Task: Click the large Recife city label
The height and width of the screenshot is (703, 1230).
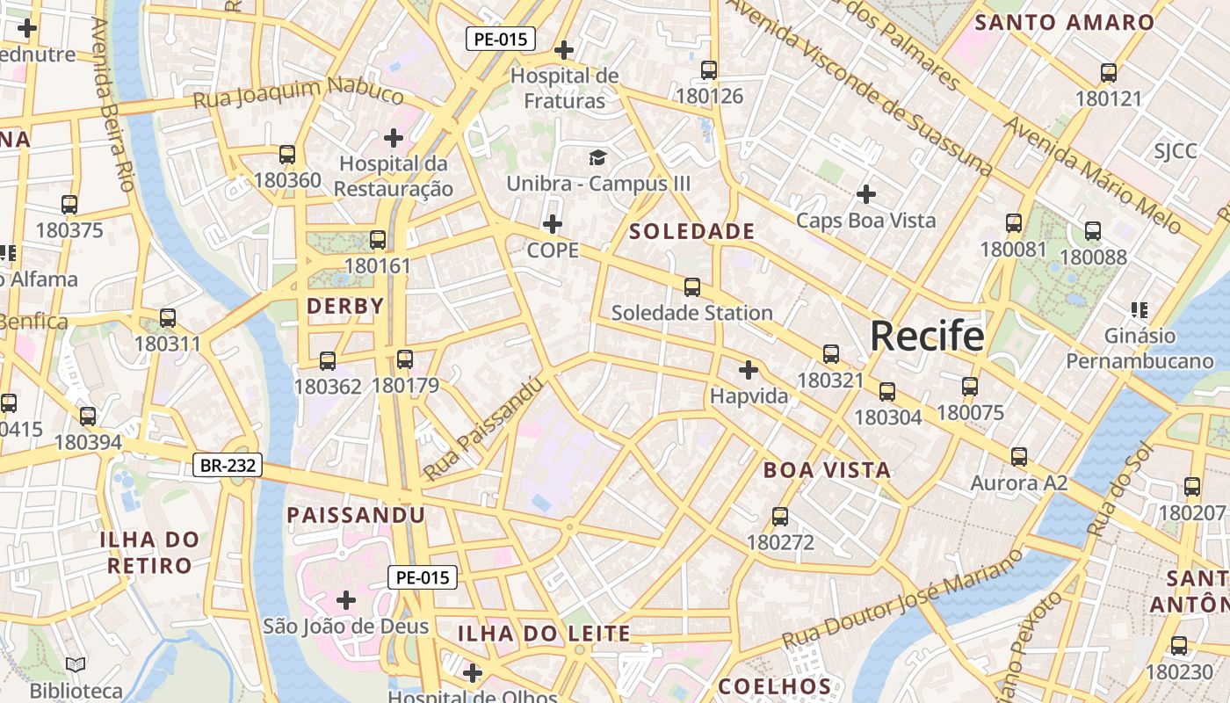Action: [927, 336]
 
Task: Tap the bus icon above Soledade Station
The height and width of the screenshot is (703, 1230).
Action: [692, 287]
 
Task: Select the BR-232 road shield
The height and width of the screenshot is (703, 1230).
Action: [228, 465]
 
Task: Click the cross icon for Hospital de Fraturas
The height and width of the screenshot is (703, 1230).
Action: [564, 50]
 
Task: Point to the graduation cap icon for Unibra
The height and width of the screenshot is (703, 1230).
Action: [597, 158]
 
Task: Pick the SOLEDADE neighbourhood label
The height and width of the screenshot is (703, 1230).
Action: [692, 232]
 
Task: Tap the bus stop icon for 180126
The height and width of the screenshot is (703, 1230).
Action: [709, 70]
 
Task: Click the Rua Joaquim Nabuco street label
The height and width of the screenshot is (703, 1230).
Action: [299, 93]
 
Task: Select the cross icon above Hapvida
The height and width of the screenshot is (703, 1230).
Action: [749, 370]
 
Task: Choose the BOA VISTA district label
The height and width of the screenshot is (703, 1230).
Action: [827, 470]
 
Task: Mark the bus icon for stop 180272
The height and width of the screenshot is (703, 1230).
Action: [780, 517]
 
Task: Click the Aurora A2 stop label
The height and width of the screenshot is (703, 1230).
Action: [1018, 483]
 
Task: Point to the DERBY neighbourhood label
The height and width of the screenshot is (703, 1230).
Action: [345, 307]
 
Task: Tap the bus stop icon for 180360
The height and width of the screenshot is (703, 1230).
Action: [287, 155]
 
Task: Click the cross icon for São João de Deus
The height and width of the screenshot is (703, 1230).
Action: [346, 600]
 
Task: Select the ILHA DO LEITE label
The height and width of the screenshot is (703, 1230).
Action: [544, 634]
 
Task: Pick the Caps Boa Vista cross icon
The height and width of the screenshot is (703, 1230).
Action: [866, 194]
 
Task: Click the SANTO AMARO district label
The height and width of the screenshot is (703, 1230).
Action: [1064, 23]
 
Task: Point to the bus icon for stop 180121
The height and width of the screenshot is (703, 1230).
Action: [1109, 73]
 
